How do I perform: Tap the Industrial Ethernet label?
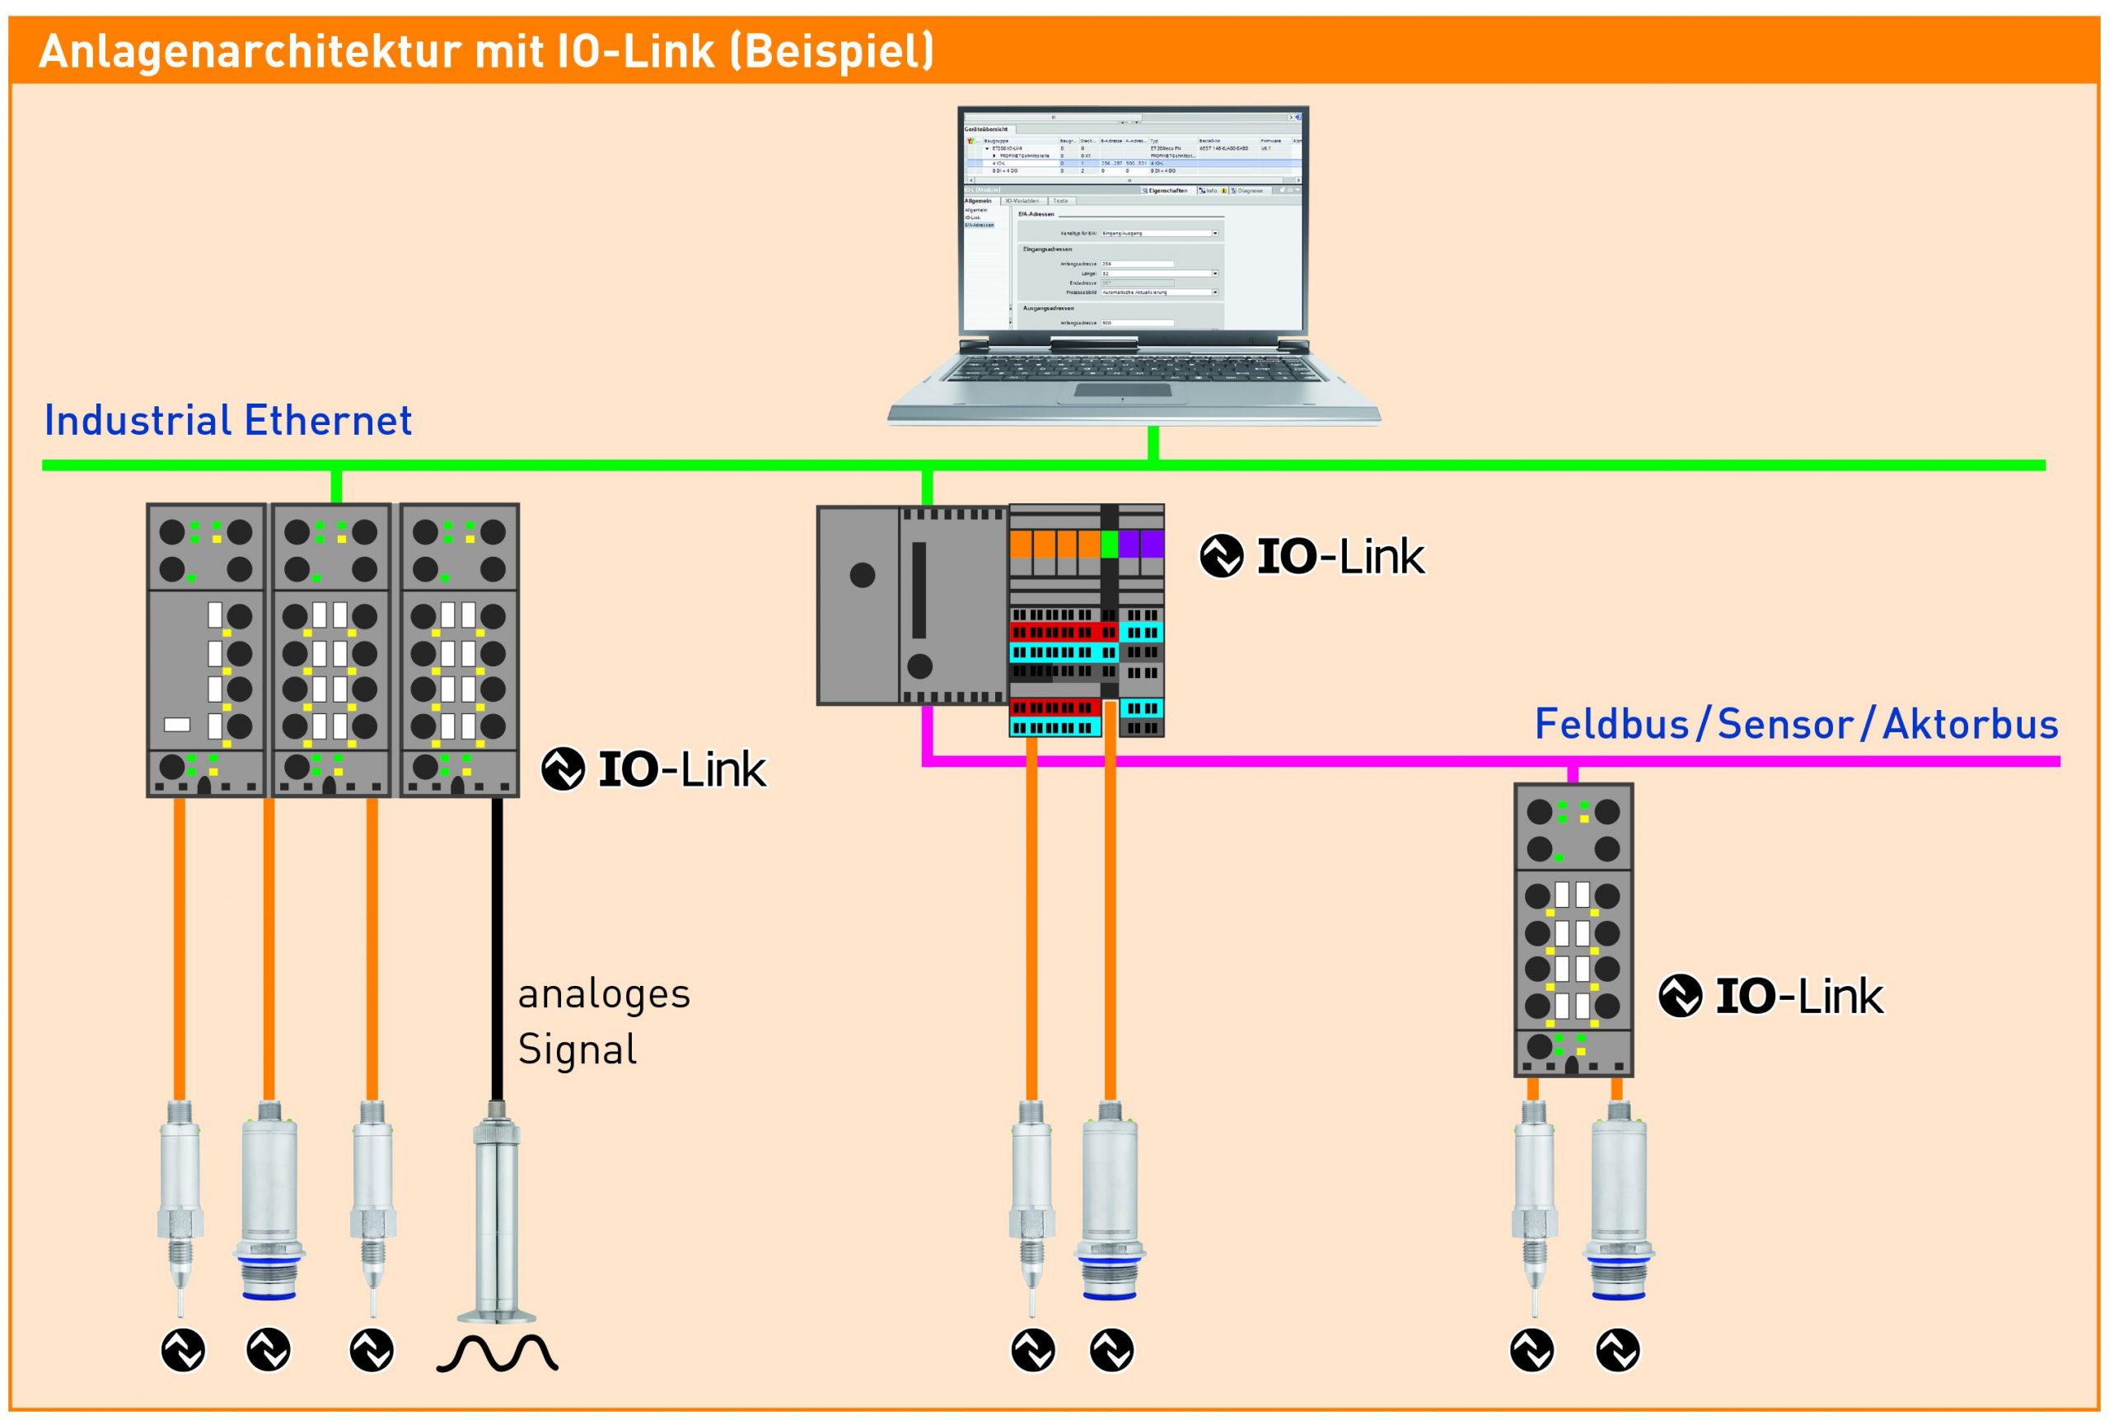pos(228,421)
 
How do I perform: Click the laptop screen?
pos(1132,222)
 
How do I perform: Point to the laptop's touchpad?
pos(1122,391)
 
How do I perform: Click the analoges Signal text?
pos(604,1021)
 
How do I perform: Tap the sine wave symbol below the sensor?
pos(497,1354)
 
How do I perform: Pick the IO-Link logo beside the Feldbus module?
pos(1771,996)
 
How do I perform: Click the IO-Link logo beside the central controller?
pos(1312,556)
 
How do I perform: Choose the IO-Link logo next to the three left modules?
pos(654,768)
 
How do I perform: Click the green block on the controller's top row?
pos(1110,544)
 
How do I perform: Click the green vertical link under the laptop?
pos(1153,443)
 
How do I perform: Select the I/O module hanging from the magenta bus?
pos(1573,930)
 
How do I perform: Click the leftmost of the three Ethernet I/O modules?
pos(207,650)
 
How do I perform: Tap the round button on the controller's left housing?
pos(862,574)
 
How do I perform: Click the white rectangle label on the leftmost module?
pos(177,725)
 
